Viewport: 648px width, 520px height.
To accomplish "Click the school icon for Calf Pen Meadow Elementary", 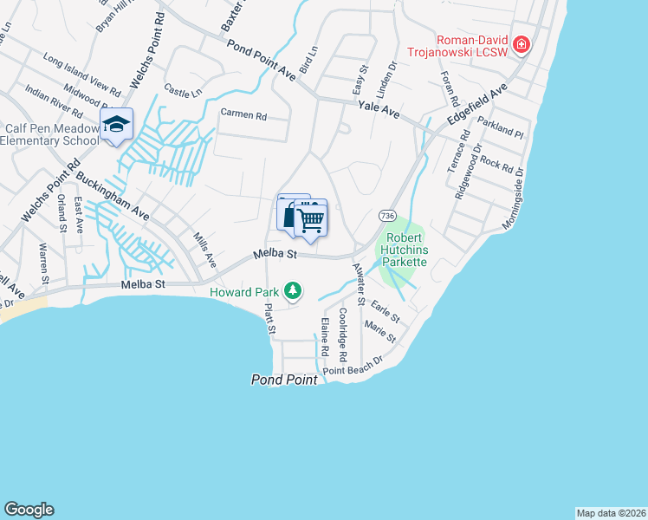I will pos(116,125).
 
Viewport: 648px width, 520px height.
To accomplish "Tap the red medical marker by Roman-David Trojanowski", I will pos(521,45).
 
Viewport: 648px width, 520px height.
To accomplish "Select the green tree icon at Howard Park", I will pos(294,290).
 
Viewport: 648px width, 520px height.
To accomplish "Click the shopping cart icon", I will pos(310,219).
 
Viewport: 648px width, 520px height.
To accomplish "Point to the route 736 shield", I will pos(387,215).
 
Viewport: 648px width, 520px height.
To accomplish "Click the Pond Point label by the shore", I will pos(282,380).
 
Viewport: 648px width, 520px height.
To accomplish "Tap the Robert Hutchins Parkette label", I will pos(406,250).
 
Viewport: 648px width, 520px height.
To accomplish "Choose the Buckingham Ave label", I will pos(113,196).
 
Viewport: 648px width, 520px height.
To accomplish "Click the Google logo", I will pos(29,510).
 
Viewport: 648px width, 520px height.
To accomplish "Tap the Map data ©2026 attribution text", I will pos(610,512).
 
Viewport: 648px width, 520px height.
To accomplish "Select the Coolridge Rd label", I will pos(343,334).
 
